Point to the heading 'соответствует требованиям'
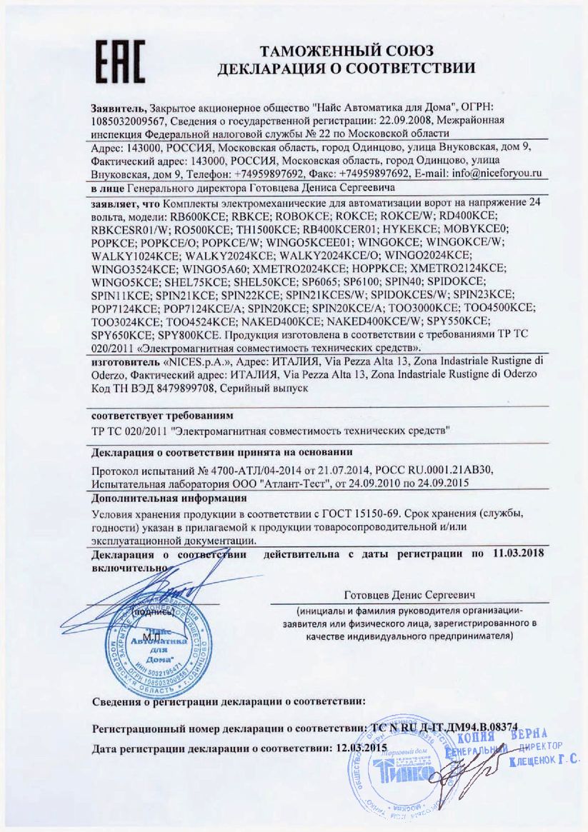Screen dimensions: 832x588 coord(162,415)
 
